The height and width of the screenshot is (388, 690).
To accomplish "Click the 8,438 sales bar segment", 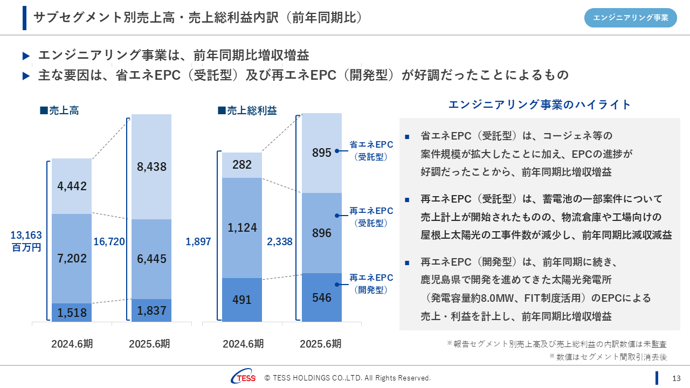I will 151,167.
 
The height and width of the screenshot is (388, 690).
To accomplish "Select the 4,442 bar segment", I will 72,186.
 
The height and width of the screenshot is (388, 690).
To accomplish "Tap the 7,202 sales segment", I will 72,259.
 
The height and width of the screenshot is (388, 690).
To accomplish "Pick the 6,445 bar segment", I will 151,259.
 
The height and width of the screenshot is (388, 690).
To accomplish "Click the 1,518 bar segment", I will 72,313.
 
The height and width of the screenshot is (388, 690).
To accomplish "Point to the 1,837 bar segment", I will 151,310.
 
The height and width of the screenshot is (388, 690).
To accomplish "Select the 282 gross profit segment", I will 242,165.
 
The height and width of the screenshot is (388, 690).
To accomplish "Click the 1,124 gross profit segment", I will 242,228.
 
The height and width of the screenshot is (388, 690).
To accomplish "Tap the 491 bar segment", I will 242,300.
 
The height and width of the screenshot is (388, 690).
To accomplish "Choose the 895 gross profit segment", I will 322,153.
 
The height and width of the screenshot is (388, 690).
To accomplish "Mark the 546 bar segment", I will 322,297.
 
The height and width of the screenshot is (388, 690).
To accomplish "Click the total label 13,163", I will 26,235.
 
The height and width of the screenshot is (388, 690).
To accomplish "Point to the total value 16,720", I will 109,242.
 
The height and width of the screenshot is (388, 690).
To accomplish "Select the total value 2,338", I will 280,242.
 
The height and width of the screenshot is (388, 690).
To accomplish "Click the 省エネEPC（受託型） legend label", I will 371,151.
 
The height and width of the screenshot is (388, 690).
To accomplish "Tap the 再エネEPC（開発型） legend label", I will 371,283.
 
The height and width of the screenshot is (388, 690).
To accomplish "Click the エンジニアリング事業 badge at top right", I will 631,18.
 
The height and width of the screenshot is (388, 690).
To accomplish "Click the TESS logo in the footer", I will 243,378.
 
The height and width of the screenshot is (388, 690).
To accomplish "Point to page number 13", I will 677,378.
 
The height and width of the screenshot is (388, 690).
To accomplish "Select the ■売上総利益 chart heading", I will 247,110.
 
